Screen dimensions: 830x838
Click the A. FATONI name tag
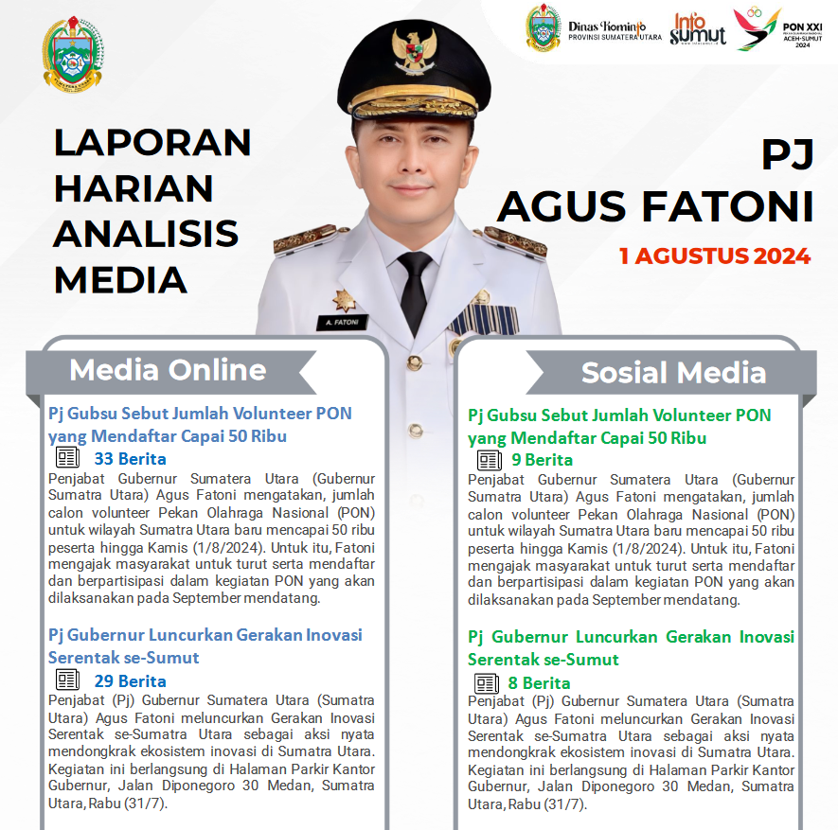[x=342, y=322]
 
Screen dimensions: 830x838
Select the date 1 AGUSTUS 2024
[x=715, y=256]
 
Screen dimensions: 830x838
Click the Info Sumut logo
[x=698, y=28]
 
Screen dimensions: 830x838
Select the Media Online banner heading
[x=168, y=370]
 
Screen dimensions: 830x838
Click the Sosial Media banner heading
[x=673, y=373]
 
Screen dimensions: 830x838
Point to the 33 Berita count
[x=130, y=459]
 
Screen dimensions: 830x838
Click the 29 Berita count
[x=130, y=680]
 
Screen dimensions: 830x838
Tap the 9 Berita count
[x=542, y=460]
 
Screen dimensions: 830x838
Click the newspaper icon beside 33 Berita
[x=67, y=458]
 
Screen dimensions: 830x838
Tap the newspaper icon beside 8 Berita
[x=488, y=683]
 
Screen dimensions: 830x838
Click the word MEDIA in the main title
[x=120, y=280]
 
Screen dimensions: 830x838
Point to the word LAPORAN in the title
[x=152, y=142]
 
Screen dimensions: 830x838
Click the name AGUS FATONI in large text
[x=655, y=207]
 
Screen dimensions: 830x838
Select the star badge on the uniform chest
[x=344, y=300]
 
